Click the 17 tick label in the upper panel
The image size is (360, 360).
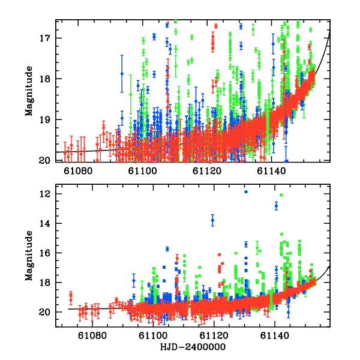click(x=47, y=38)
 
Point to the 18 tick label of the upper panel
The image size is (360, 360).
click(x=47, y=79)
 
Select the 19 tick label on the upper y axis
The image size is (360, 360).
click(x=47, y=119)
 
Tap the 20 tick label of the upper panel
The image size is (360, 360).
click(x=47, y=160)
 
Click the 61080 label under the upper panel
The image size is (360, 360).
click(x=80, y=170)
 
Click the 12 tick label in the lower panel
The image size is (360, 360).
click(x=47, y=194)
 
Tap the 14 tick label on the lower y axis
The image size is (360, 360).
click(x=47, y=224)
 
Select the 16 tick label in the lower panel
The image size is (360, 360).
click(x=47, y=253)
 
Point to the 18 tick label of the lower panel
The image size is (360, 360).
click(x=47, y=283)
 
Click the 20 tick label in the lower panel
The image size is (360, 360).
click(x=47, y=312)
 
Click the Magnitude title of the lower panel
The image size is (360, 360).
click(x=29, y=258)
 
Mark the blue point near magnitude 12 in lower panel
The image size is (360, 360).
click(x=246, y=191)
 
